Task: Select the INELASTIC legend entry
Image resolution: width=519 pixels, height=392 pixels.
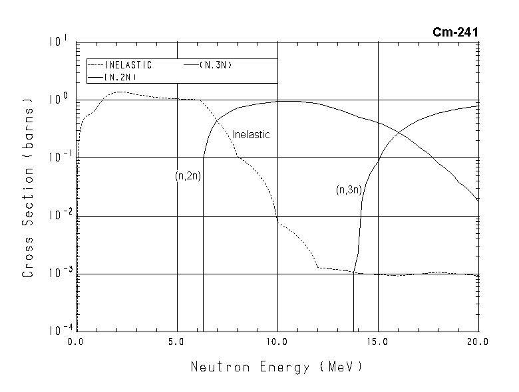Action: (x=128, y=65)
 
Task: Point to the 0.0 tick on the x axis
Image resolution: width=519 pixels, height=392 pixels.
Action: (x=75, y=343)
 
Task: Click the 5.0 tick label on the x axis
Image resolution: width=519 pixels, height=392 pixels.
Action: (x=176, y=343)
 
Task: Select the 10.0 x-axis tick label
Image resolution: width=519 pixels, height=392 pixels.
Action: (x=277, y=343)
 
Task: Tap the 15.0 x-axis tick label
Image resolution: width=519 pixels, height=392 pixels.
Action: (x=377, y=343)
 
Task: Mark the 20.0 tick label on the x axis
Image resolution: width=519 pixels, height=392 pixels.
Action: (x=478, y=343)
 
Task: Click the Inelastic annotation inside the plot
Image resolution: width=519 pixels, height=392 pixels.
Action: (x=251, y=135)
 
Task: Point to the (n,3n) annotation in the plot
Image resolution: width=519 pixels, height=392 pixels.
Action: (x=349, y=191)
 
